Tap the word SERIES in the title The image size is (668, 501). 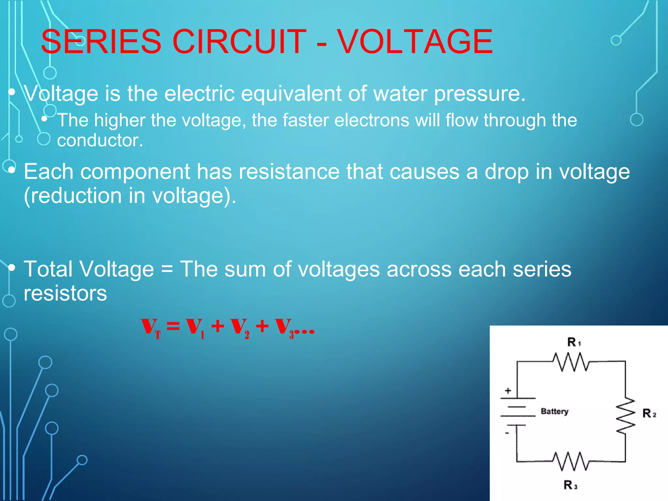101,41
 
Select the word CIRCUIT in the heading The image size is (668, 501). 239,41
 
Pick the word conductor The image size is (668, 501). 100,140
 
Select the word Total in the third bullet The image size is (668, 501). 48,269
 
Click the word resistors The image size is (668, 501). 65,293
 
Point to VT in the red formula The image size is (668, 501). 151,327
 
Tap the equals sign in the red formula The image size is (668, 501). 173,326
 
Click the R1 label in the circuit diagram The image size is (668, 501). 574,342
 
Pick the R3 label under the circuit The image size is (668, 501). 570,485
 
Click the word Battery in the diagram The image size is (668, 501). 554,411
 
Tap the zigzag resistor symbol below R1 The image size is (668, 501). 571,362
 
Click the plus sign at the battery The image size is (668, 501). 508,390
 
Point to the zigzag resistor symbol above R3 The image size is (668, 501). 571,461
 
